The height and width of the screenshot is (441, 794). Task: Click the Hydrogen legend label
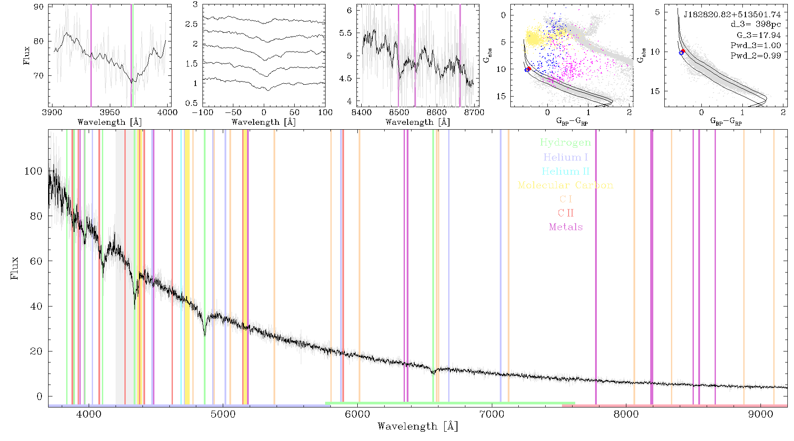(565, 143)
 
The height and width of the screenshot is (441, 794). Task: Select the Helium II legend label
(566, 172)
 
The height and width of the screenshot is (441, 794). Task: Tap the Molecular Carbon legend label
(566, 185)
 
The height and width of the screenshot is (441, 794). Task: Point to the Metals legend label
(566, 227)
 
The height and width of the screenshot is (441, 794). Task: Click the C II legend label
(566, 213)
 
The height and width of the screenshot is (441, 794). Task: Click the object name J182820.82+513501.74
(732, 15)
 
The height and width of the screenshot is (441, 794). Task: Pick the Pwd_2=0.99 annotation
(756, 56)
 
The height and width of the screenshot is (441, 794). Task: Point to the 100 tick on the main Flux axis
(34, 171)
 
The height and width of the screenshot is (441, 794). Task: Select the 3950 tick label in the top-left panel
(110, 112)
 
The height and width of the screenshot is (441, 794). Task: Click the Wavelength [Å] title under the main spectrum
(418, 426)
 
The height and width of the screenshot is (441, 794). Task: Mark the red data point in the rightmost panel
(683, 51)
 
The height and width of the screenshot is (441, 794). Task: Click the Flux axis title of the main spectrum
(15, 268)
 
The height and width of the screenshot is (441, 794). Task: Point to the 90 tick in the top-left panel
(39, 7)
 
